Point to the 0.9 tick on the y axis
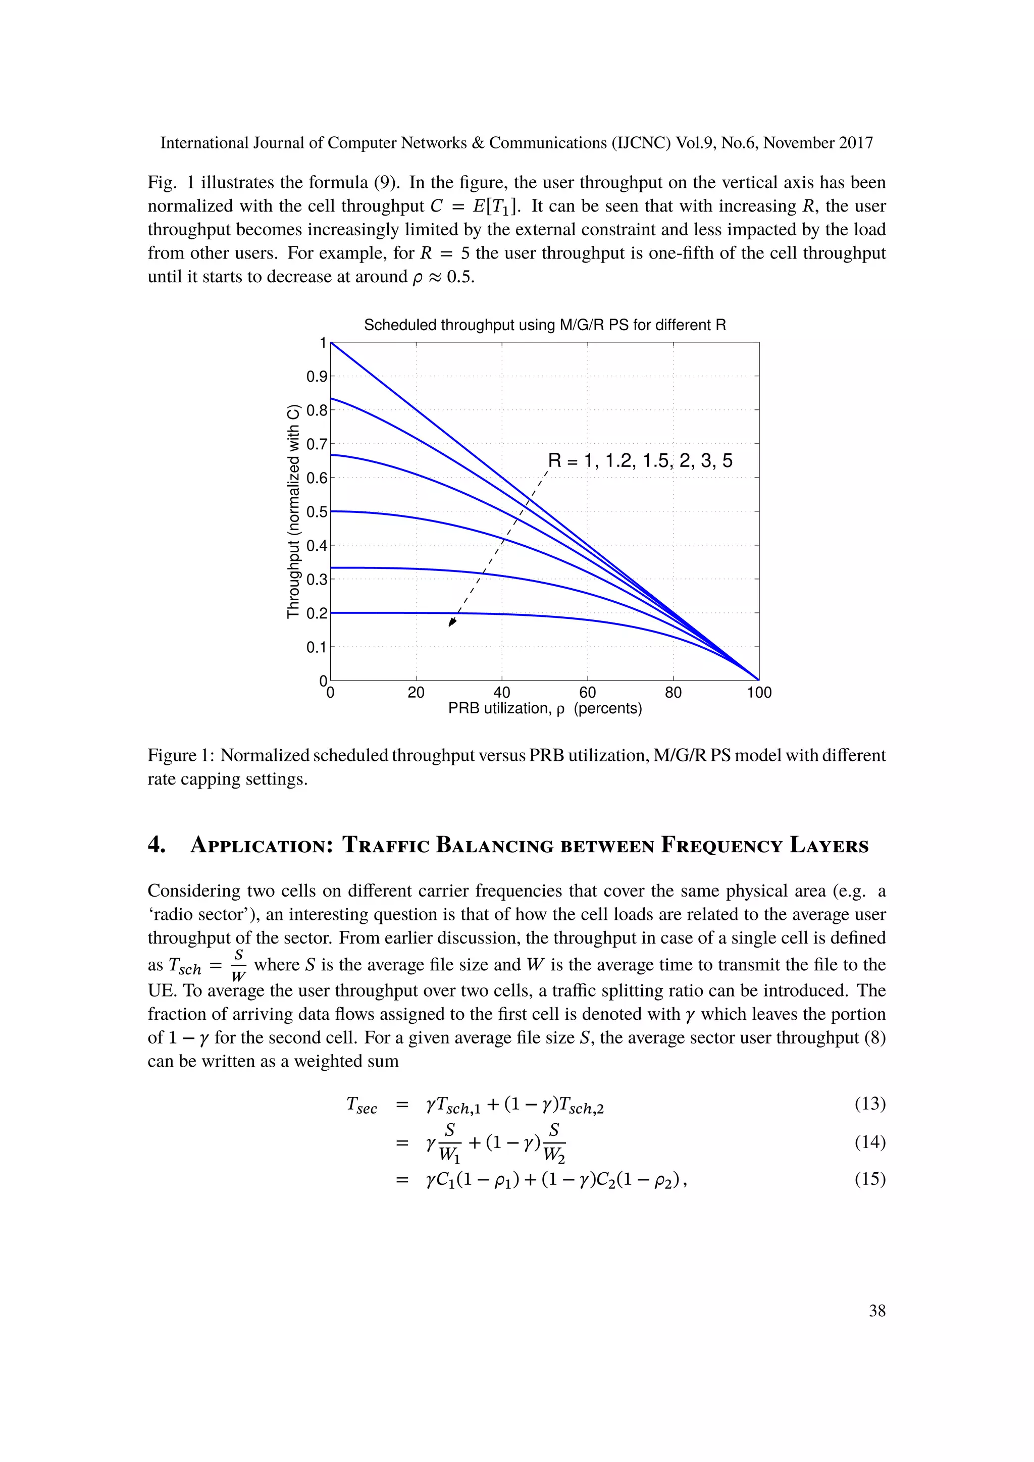click(x=317, y=376)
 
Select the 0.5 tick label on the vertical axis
click(x=317, y=512)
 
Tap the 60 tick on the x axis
click(x=587, y=693)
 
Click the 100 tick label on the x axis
click(x=759, y=693)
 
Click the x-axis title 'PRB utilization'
click(x=545, y=709)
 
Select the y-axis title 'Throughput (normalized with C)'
click(x=293, y=511)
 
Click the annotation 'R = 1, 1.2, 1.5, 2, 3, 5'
click(x=640, y=460)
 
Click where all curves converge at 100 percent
click(x=758, y=680)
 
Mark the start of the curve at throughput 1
click(x=331, y=343)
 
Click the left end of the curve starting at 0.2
click(x=332, y=612)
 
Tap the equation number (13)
click(x=870, y=1104)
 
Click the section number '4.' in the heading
click(x=157, y=846)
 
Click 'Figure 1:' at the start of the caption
click(x=181, y=756)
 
